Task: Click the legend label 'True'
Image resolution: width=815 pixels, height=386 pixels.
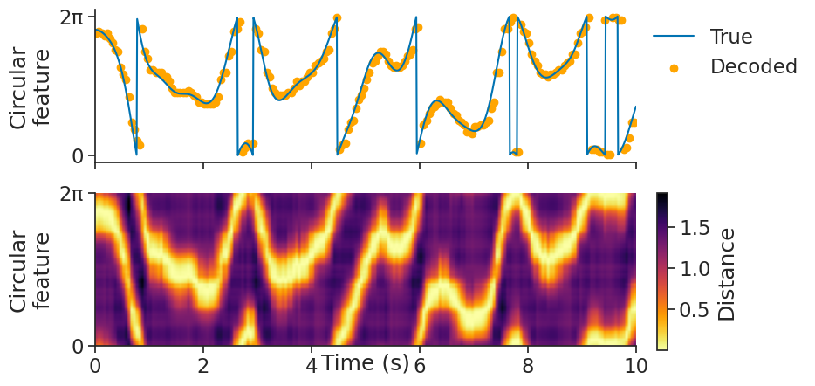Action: pos(730,37)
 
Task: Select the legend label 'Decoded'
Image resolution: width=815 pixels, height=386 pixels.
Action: pos(754,66)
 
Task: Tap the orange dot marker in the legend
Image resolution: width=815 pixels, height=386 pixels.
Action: pos(674,67)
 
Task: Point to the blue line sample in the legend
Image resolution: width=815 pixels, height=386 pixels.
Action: pos(674,37)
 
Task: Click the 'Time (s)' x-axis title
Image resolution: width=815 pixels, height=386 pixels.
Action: pos(366,362)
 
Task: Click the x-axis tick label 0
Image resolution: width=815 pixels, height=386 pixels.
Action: pos(95,365)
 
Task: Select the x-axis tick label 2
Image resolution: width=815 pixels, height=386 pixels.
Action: pos(203,365)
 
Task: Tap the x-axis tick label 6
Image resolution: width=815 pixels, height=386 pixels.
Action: pos(420,365)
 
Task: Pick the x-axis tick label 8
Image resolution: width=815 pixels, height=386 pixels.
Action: pos(528,365)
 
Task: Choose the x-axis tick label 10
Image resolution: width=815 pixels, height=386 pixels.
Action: pos(636,365)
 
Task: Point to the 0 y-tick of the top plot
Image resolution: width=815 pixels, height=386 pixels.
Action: pos(78,156)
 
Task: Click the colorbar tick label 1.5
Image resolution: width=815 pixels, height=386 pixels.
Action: pos(695,229)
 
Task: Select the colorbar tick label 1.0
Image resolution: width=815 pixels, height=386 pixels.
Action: pos(695,270)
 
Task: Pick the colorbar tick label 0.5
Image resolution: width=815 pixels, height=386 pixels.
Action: pos(695,311)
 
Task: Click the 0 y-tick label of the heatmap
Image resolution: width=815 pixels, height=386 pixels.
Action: pos(78,347)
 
